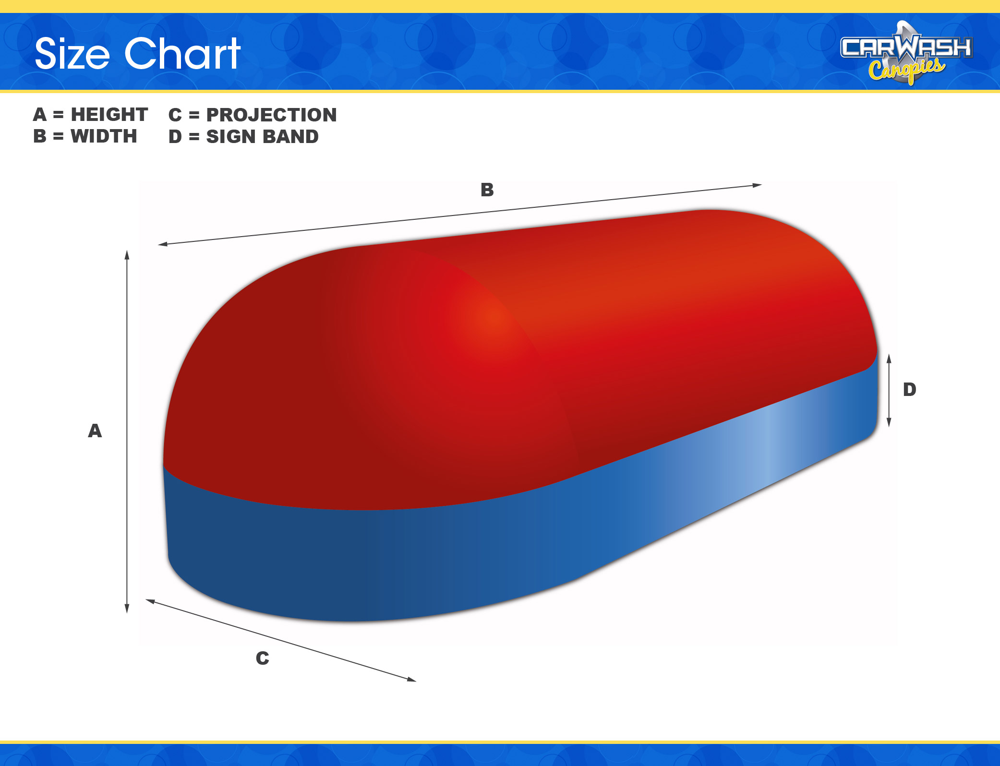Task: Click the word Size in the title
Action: (x=72, y=54)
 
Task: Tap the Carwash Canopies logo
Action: (x=906, y=53)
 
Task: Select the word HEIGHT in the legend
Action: (x=109, y=115)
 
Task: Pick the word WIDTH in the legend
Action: (x=104, y=136)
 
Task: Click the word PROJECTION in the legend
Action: (x=271, y=115)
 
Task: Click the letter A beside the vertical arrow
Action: (x=95, y=431)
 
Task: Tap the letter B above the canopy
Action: (x=487, y=190)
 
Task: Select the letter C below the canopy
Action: (x=263, y=658)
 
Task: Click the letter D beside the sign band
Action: (x=910, y=389)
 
